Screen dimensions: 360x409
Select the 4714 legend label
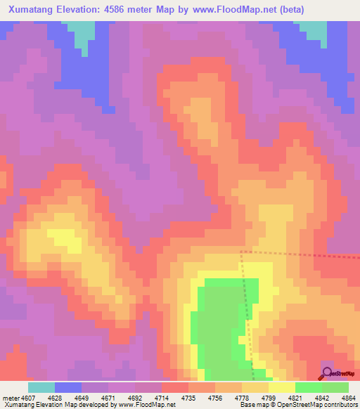click(x=162, y=397)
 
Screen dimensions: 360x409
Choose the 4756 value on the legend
click(x=216, y=397)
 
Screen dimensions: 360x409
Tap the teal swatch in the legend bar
click(x=41, y=387)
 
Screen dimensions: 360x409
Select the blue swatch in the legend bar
click(x=67, y=387)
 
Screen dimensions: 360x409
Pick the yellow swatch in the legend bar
click(x=282, y=387)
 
